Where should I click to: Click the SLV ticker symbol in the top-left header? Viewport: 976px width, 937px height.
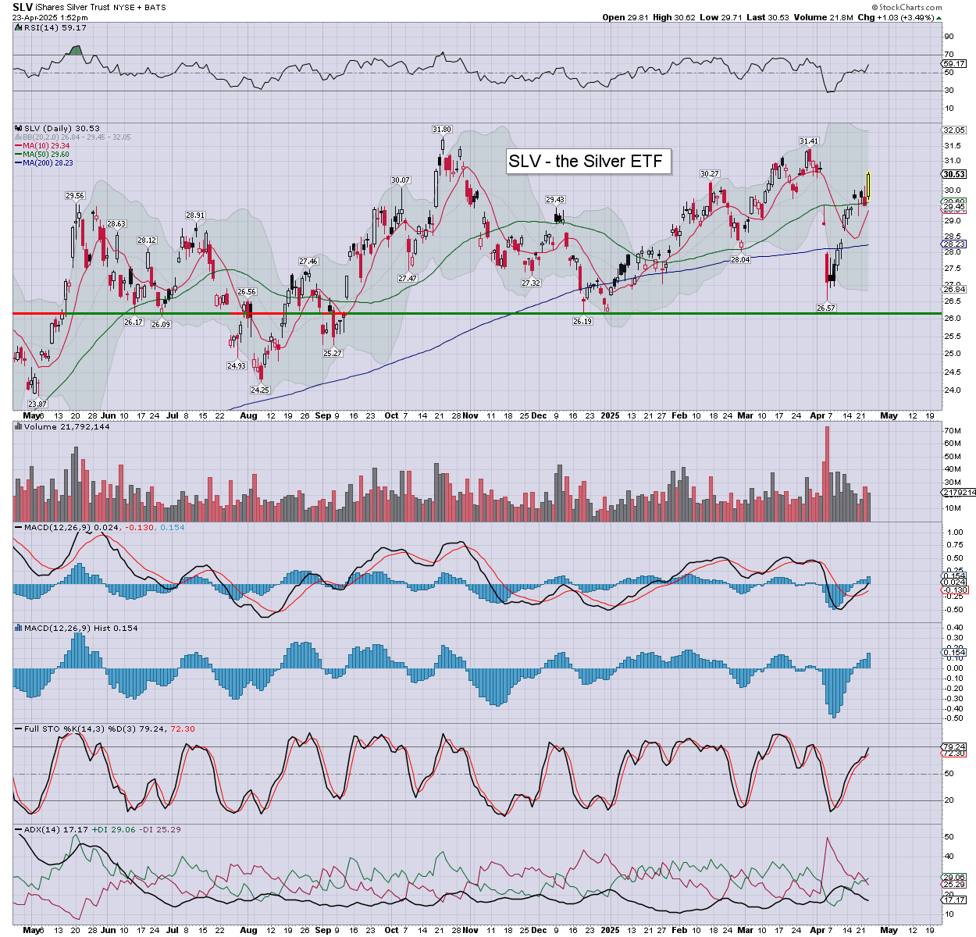[x=23, y=7]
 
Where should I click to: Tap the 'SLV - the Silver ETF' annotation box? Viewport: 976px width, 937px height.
[x=586, y=162]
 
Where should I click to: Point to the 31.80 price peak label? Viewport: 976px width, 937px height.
[x=442, y=129]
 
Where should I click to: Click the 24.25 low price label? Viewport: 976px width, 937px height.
[x=259, y=390]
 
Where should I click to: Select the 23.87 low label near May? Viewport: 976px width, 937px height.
[x=37, y=404]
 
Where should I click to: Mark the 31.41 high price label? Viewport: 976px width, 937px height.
[x=808, y=141]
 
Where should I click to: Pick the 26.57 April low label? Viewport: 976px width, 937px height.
[x=826, y=308]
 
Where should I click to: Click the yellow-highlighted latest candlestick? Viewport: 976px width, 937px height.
[x=868, y=185]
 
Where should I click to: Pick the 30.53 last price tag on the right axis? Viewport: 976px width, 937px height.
[x=954, y=174]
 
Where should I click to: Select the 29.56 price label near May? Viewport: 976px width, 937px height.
[x=75, y=196]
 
